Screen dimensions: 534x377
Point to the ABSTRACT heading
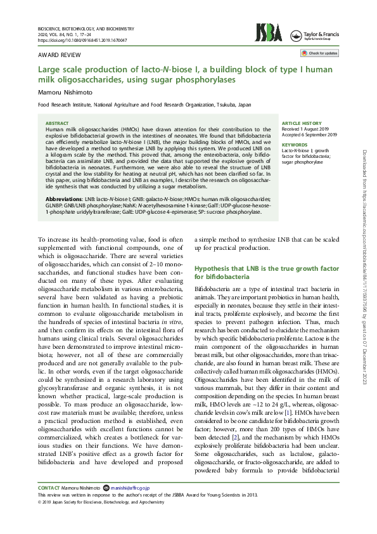click(x=58, y=123)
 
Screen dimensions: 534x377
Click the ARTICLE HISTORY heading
click(x=302, y=123)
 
